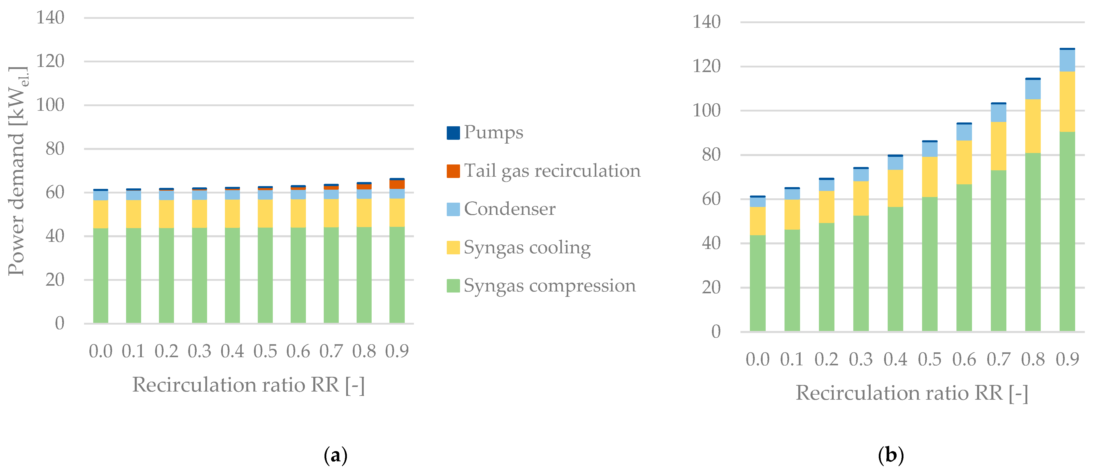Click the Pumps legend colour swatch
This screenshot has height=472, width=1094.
tap(453, 133)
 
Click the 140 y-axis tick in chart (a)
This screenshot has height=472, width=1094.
tap(50, 18)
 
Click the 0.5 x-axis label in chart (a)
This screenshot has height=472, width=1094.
tap(265, 351)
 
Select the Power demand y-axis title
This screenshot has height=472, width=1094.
tap(17, 170)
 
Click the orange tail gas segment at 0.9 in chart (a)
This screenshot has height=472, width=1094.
tap(397, 184)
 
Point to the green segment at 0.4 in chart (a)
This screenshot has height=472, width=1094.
tap(232, 276)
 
